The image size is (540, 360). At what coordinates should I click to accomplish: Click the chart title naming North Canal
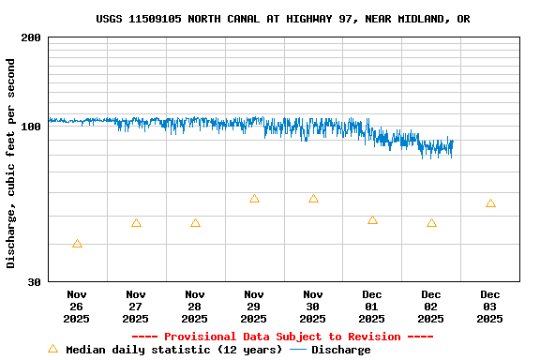click(x=282, y=19)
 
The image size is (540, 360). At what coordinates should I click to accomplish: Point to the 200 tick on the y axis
click(x=31, y=37)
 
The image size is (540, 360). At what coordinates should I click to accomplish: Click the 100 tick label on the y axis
click(x=31, y=127)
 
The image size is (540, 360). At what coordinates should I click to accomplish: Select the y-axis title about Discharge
click(x=11, y=164)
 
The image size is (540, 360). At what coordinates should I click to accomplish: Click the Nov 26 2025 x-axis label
click(x=77, y=307)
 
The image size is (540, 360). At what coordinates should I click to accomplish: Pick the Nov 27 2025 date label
click(x=136, y=307)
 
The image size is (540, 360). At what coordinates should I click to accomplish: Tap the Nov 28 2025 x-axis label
click(x=195, y=307)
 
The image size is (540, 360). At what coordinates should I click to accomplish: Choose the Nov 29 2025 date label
click(x=254, y=307)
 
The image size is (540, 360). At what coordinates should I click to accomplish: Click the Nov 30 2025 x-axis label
click(x=313, y=307)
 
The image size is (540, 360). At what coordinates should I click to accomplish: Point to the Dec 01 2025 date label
click(x=372, y=307)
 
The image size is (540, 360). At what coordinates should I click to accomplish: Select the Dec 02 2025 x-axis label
click(x=431, y=307)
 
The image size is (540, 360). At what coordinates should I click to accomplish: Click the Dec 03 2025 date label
click(x=490, y=307)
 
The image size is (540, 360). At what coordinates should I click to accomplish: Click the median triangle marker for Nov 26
click(x=77, y=244)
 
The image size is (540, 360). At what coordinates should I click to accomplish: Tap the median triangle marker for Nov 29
click(x=254, y=199)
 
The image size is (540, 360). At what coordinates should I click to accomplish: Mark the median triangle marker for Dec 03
click(x=490, y=203)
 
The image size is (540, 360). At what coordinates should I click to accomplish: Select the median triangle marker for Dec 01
click(x=372, y=220)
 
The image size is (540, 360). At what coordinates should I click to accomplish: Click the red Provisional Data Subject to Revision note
click(x=282, y=337)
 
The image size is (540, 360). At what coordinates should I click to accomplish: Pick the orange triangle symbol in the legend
click(x=53, y=349)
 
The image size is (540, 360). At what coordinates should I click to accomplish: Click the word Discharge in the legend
click(x=340, y=350)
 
